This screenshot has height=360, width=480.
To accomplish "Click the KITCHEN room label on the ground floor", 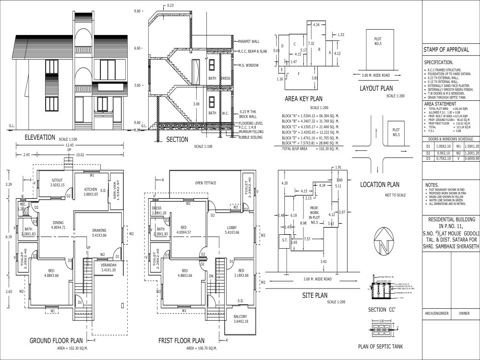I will pyautogui.click(x=91, y=189).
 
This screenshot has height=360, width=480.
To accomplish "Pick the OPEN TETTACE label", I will pyautogui.click(x=205, y=183).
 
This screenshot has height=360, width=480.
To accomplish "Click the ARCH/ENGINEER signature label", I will pyautogui.click(x=436, y=313).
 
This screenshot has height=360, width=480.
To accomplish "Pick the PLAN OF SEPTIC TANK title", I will pyautogui.click(x=380, y=347).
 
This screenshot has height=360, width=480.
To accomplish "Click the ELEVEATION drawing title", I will pyautogui.click(x=40, y=137).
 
